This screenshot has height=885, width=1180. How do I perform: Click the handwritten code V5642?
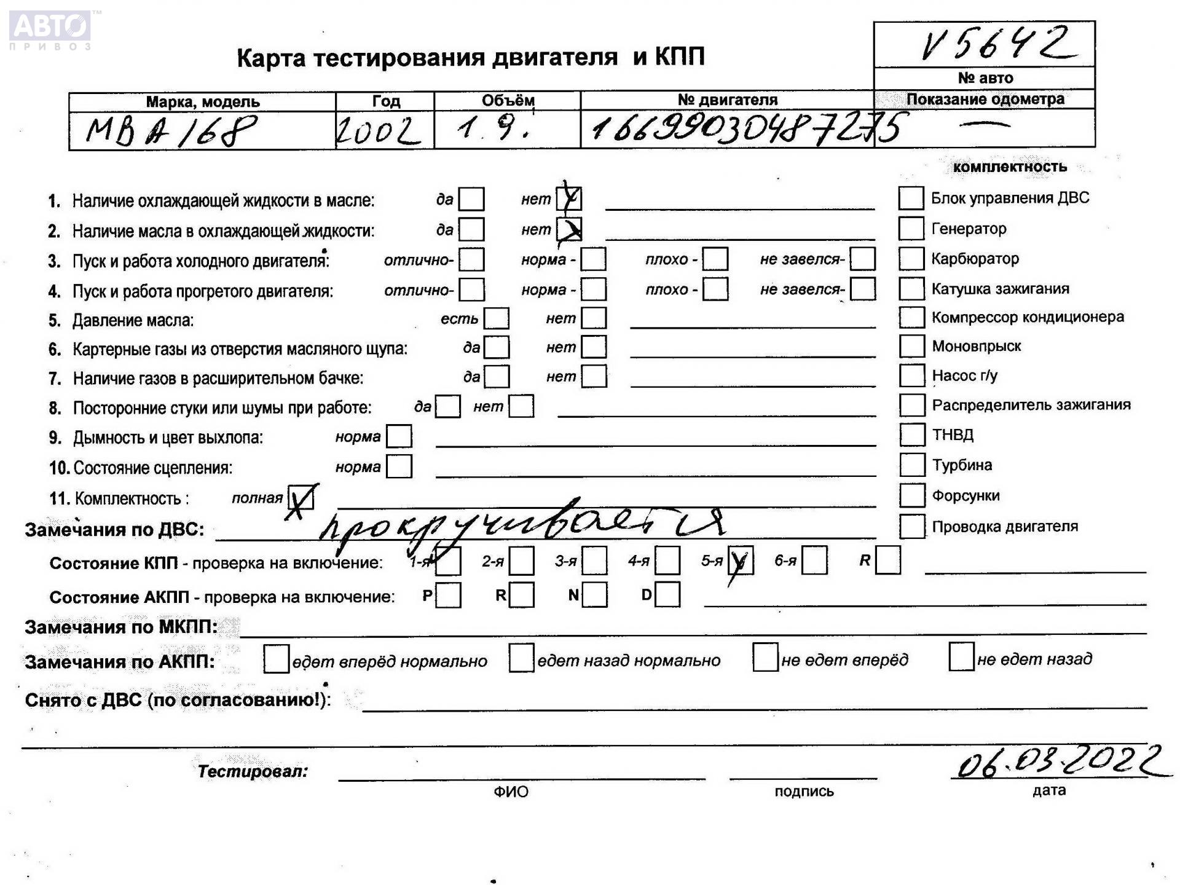click(996, 44)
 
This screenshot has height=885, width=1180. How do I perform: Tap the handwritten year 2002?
click(377, 130)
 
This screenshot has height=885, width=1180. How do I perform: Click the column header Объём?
click(508, 100)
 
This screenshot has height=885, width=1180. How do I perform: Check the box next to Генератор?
click(911, 229)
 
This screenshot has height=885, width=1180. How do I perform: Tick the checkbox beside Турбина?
click(912, 465)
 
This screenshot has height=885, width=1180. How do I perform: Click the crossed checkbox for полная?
click(301, 498)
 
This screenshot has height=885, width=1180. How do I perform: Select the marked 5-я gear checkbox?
click(740, 560)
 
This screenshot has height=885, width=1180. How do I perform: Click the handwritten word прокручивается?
click(522, 525)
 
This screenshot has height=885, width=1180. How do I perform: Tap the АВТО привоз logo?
click(50, 29)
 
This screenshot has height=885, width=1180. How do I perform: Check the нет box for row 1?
click(569, 199)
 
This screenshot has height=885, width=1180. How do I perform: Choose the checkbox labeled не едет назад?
click(961, 657)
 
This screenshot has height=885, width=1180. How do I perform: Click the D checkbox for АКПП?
click(668, 595)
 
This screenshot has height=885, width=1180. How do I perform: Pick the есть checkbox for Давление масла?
click(497, 318)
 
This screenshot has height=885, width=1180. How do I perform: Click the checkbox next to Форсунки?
click(912, 495)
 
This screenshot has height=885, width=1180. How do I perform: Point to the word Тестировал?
click(253, 771)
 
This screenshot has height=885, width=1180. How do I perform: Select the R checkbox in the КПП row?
click(888, 560)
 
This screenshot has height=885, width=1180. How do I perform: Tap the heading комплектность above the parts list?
click(1010, 167)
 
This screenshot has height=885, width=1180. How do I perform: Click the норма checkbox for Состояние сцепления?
click(399, 466)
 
